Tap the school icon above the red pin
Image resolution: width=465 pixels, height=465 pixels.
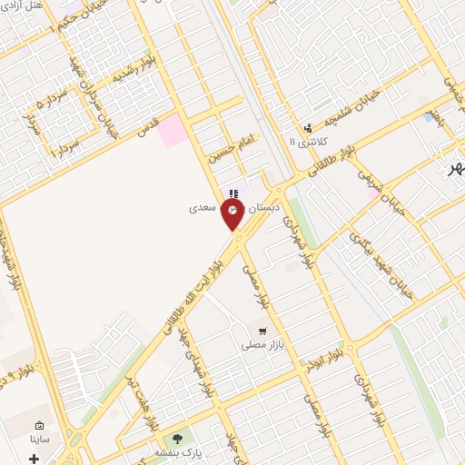click(x=233, y=193)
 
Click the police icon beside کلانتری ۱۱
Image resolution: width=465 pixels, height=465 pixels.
click(x=308, y=128)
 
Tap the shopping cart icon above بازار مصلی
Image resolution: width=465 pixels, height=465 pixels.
click(x=262, y=331)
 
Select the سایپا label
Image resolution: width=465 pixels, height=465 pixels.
click(x=40, y=440)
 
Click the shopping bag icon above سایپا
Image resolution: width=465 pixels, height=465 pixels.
click(x=39, y=425)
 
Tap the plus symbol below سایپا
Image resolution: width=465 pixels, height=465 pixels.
click(x=35, y=458)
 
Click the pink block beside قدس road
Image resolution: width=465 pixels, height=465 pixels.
click(x=173, y=132)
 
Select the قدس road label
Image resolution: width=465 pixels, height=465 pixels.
click(x=147, y=127)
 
